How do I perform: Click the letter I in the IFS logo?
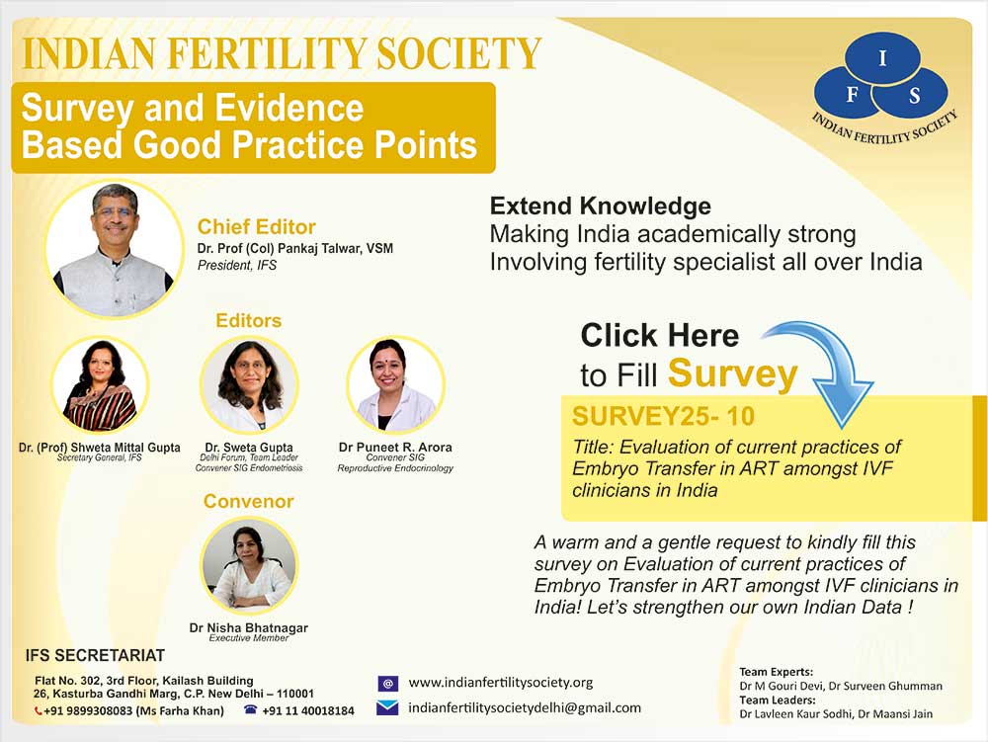882,58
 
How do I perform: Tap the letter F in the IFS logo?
852,95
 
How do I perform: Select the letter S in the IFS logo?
914,96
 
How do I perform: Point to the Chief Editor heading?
257,227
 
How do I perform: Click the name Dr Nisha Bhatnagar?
248,627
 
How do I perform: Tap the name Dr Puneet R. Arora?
395,448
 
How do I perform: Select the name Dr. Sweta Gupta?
249,448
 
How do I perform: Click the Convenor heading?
248,501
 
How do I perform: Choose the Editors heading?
248,320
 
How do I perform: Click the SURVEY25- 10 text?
663,416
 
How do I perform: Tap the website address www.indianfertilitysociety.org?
500,683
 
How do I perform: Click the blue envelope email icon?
387,708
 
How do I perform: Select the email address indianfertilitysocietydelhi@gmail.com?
525,708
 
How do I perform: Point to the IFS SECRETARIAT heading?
95,656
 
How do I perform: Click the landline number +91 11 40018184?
308,711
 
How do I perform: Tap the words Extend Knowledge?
601,206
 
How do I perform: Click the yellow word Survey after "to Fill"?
733,374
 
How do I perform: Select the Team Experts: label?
777,672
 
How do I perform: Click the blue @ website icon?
387,684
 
